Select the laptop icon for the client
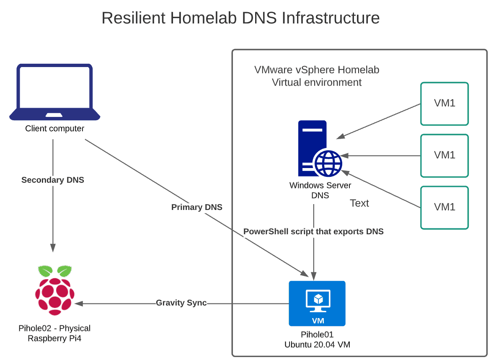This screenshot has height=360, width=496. pos(55,92)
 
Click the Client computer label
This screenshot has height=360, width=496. pos(55,129)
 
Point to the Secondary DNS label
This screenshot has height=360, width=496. pos(53,180)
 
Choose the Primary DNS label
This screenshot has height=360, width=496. pos(197,207)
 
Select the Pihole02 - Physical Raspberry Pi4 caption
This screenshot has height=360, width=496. pos(55,333)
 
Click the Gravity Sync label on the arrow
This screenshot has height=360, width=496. pos(181,303)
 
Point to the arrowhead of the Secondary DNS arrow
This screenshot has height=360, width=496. pos(53,248)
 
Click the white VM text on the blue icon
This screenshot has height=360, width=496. pos(317,321)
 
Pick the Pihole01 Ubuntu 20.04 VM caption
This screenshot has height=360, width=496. pos(317,339)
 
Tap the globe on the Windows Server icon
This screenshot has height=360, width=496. pos(328,163)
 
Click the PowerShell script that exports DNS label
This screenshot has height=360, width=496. pos(313,231)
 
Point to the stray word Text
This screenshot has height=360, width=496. pos(359,203)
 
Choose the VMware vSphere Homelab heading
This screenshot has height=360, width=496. pos(317,70)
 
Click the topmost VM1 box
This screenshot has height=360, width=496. pos(444,104)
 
